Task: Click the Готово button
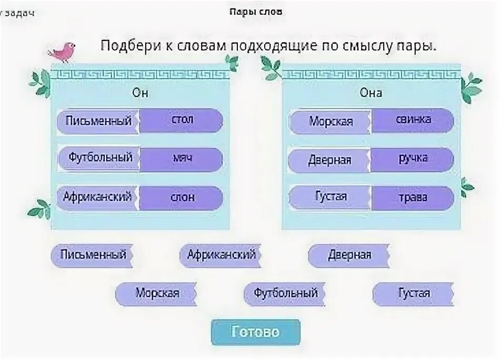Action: pos(256,333)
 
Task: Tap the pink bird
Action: pos(63,51)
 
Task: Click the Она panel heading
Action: pos(371,93)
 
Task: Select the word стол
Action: pos(182,120)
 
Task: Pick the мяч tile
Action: pos(182,159)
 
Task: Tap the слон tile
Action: pos(182,198)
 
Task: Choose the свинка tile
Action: pos(413,120)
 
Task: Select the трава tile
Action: pos(413,198)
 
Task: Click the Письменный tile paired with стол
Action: pos(98,121)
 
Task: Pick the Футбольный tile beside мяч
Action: pos(99,158)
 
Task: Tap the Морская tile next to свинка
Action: pos(331,122)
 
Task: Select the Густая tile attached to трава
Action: pos(331,197)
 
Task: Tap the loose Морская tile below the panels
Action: pos(156,293)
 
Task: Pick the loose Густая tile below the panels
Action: pos(413,293)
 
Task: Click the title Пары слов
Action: pos(255,12)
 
